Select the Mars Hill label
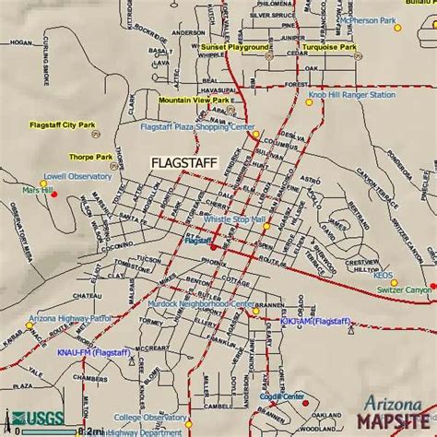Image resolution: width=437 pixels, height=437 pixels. point(39,190)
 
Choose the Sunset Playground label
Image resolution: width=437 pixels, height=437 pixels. point(236,46)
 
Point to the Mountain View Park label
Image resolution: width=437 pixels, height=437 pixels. point(193,100)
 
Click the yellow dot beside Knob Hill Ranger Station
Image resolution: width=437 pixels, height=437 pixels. point(310,102)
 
